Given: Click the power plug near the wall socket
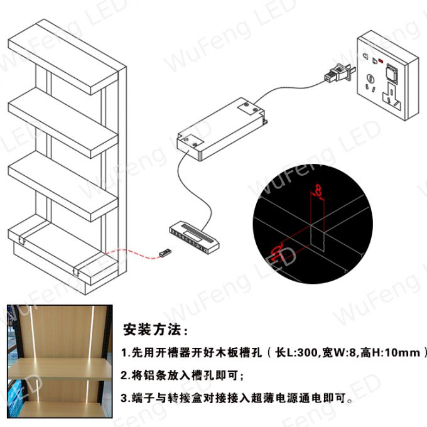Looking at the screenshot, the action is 340,73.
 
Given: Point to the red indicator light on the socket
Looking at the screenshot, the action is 381,60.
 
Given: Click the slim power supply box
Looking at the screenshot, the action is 221,129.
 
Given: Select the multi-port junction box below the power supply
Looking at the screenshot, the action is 194,237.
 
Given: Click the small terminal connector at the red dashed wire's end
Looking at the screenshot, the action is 165,252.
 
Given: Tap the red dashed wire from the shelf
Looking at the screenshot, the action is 132,253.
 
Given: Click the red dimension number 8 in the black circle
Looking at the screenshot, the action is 318,190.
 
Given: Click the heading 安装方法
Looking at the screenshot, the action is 152,330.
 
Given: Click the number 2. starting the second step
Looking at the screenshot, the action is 125,376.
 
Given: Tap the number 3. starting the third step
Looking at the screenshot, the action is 125,398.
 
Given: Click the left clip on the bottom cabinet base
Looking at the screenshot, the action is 22,240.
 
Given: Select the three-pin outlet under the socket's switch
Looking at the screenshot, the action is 392,97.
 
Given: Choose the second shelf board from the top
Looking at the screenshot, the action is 63,123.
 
